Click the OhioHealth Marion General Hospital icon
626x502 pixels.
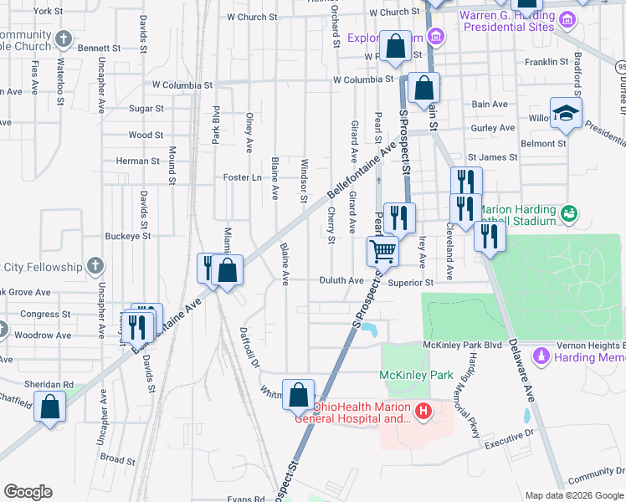(x=423, y=411)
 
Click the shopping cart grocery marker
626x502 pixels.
(x=382, y=250)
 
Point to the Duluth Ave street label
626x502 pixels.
(x=341, y=281)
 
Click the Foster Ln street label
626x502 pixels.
(x=237, y=177)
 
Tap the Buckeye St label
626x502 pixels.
(x=128, y=236)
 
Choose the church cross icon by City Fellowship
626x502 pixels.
(x=95, y=267)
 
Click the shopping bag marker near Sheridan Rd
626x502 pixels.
(x=51, y=407)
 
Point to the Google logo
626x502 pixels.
(x=28, y=492)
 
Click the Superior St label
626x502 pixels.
(x=416, y=283)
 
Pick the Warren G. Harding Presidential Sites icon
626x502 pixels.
(x=567, y=19)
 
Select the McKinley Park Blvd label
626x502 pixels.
(x=462, y=345)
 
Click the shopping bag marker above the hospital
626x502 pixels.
(x=298, y=394)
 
